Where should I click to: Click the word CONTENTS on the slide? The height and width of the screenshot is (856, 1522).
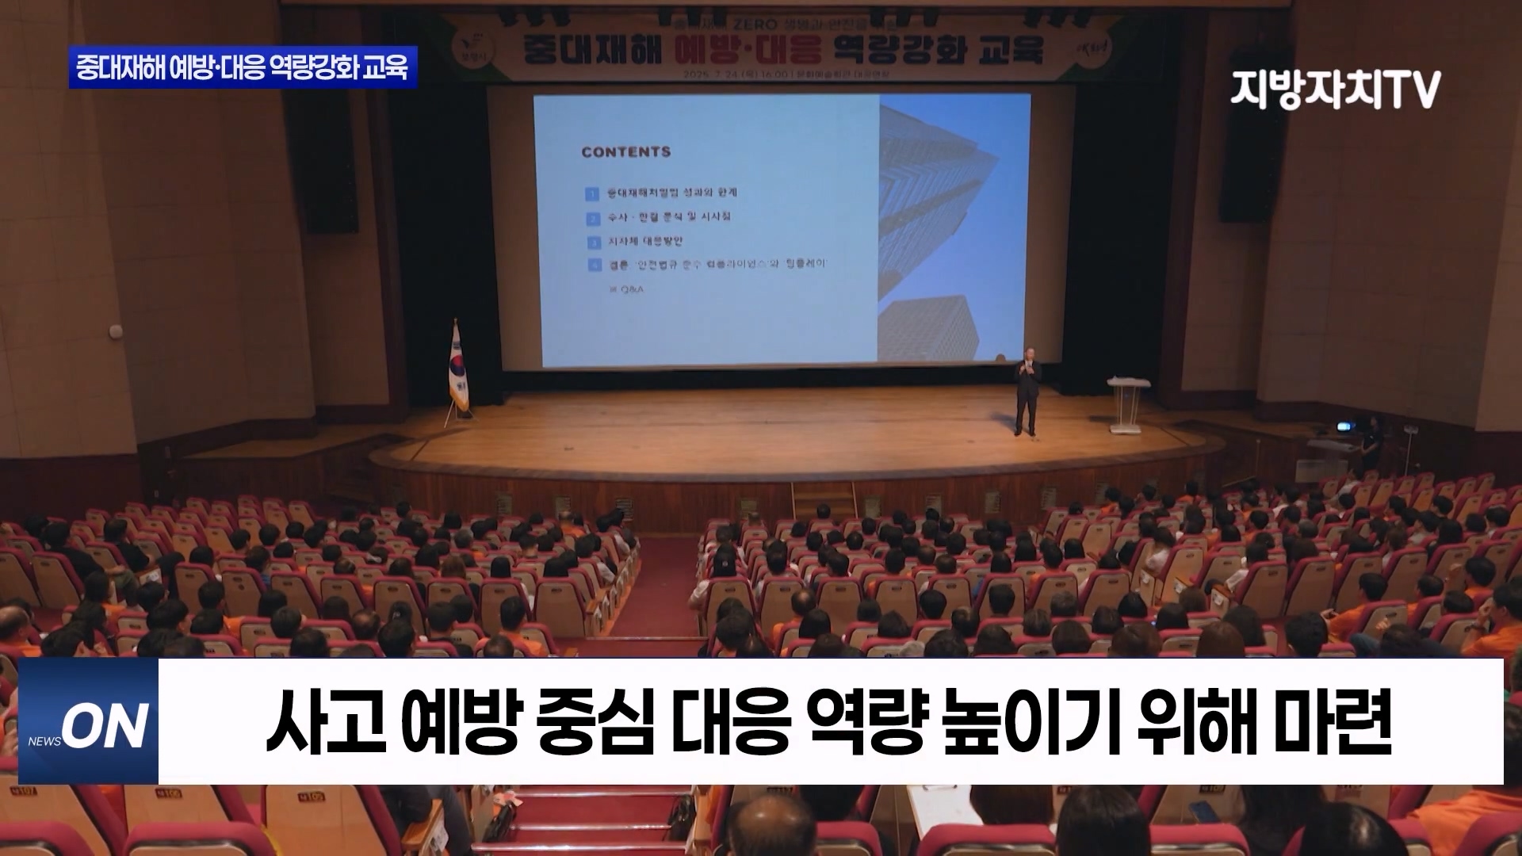pos(625,151)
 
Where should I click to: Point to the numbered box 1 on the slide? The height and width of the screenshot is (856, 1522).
pos(592,193)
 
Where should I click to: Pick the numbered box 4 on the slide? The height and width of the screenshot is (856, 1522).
pos(594,265)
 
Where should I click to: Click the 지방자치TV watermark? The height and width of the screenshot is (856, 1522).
pos(1336,89)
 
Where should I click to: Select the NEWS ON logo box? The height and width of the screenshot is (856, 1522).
pos(89,721)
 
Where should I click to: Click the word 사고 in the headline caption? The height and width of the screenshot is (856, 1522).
pos(325,722)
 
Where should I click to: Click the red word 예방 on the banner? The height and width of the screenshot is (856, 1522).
pos(710,50)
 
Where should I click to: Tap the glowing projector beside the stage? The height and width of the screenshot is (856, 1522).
pos(1343,426)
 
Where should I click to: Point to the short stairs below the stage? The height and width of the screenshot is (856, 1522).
pos(824,499)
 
